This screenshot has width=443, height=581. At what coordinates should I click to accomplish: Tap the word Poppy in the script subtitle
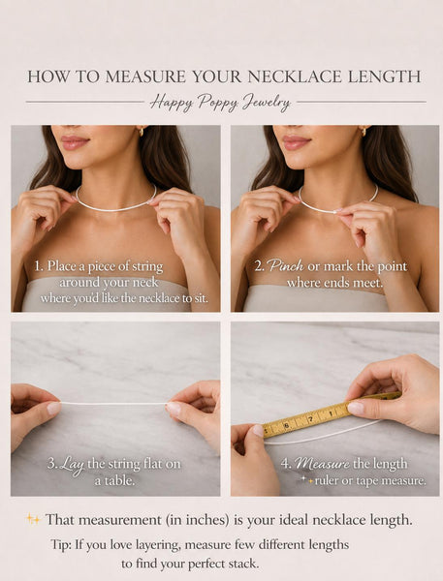tap(217, 103)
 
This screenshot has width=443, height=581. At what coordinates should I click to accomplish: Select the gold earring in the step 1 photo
tap(142, 131)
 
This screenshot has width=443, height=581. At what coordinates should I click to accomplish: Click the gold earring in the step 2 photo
tap(364, 131)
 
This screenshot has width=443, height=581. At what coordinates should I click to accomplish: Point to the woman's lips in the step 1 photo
tap(75, 142)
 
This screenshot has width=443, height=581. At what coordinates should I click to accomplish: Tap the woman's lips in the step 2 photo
tap(296, 142)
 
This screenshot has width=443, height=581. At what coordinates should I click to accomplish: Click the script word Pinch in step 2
tap(285, 265)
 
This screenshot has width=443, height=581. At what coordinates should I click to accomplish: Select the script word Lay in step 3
tap(72, 465)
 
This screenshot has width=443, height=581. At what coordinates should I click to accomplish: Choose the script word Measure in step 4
tap(322, 463)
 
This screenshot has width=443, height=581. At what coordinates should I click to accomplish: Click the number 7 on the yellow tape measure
tap(310, 419)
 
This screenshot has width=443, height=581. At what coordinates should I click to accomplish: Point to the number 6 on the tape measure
tap(286, 425)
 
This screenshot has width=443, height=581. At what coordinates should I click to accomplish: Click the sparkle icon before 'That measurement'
tap(33, 519)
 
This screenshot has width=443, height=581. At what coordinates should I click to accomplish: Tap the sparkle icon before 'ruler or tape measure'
tap(306, 480)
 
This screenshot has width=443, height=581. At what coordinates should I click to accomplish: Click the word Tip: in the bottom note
tap(61, 544)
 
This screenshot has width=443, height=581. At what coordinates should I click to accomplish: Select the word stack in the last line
tap(242, 564)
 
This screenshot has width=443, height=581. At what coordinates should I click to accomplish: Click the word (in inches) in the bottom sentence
tap(198, 520)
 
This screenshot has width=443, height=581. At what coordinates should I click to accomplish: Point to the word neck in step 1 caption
tap(143, 283)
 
